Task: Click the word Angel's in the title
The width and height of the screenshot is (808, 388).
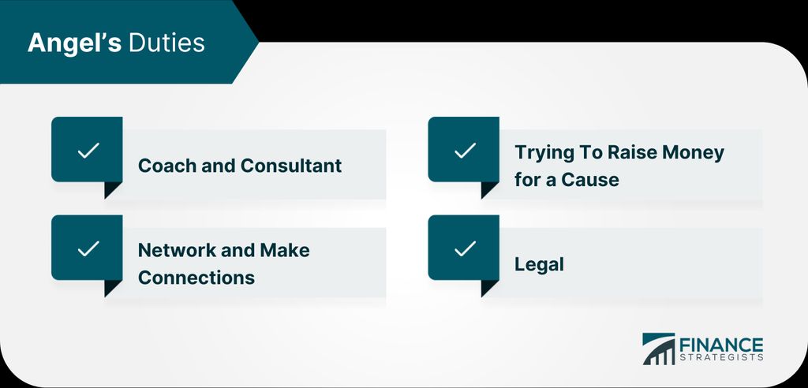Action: pyautogui.click(x=75, y=43)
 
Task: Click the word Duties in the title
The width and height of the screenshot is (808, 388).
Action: pyautogui.click(x=166, y=43)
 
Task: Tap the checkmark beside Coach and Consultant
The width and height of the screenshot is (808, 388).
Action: pyautogui.click(x=88, y=151)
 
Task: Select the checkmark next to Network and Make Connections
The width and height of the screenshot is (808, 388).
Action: pyautogui.click(x=88, y=249)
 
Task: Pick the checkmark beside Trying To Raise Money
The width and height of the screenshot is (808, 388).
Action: pyautogui.click(x=465, y=151)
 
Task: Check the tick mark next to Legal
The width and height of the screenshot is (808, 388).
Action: pyautogui.click(x=465, y=249)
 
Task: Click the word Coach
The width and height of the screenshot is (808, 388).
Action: pyautogui.click(x=167, y=166)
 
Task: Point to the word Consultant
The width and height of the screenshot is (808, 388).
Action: pyautogui.click(x=291, y=166)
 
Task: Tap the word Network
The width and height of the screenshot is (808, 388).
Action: pyautogui.click(x=177, y=251)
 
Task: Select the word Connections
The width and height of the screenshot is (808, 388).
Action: pyautogui.click(x=196, y=278)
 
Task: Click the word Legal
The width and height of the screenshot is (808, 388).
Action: pyautogui.click(x=539, y=265)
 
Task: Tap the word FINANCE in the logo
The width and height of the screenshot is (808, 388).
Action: pyautogui.click(x=721, y=345)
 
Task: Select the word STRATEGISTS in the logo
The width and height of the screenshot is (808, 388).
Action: pyautogui.click(x=721, y=357)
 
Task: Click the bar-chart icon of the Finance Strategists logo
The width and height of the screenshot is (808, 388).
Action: pyautogui.click(x=658, y=349)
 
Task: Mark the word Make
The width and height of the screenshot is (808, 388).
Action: pyautogui.click(x=284, y=251)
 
